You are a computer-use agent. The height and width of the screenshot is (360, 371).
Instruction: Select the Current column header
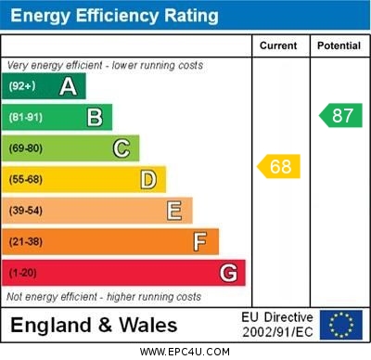pyautogui.click(x=278, y=45)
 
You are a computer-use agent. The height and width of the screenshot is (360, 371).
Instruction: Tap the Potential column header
pyautogui.click(x=339, y=45)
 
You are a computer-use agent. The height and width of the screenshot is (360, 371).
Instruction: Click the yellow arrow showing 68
pyautogui.click(x=278, y=167)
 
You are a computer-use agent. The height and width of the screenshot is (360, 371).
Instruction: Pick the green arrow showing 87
pyautogui.click(x=340, y=116)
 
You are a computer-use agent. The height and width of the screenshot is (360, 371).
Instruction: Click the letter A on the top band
pyautogui.click(x=68, y=86)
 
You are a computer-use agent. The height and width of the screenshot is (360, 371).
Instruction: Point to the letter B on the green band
pyautogui.click(x=95, y=117)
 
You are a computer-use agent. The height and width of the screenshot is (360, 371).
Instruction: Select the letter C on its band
pyautogui.click(x=122, y=148)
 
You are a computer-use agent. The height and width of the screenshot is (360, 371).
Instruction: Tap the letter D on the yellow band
pyautogui.click(x=148, y=179)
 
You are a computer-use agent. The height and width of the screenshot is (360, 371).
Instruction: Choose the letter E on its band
pyautogui.click(x=174, y=211)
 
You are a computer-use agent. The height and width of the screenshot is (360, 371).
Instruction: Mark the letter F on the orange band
pyautogui.click(x=200, y=241)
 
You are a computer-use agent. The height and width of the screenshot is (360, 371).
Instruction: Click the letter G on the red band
pyautogui.click(x=228, y=273)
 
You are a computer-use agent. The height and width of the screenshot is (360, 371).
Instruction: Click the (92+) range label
pyautogui.click(x=23, y=86)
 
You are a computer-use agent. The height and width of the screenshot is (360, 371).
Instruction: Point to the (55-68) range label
pyautogui.click(x=27, y=179)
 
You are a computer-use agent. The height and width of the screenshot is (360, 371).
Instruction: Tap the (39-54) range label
pyautogui.click(x=27, y=211)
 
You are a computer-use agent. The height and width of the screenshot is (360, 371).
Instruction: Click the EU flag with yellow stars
pyautogui.click(x=341, y=325)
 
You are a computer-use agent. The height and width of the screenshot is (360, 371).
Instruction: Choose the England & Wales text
pyautogui.click(x=94, y=325)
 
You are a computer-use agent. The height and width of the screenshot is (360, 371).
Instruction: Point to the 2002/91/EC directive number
pyautogui.click(x=278, y=332)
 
